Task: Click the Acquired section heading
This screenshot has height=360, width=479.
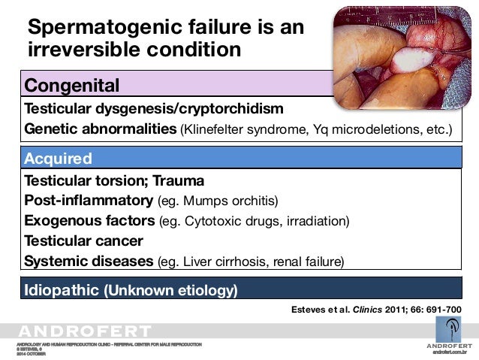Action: [59, 159]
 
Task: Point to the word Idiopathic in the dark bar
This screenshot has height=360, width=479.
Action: [63, 289]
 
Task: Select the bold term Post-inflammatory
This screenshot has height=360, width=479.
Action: [88, 201]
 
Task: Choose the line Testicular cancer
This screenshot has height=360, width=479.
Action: [83, 241]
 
